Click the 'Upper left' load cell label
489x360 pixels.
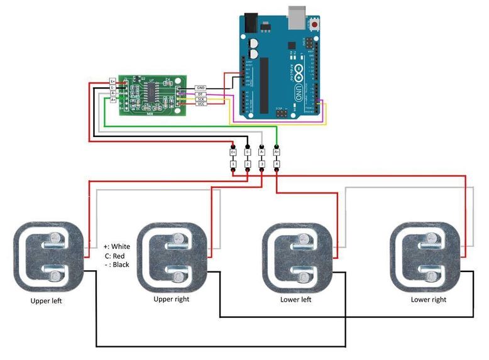tap(47, 301)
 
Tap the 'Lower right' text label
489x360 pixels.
tap(428, 300)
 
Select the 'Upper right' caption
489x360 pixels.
tap(171, 299)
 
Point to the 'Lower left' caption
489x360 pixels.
tap(295, 300)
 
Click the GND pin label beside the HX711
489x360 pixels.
tap(201, 88)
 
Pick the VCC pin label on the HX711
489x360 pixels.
tap(201, 104)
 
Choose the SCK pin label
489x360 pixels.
tap(201, 99)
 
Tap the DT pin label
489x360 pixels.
tap(201, 94)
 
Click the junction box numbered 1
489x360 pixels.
tap(233, 165)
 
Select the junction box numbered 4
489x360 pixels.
tap(277, 165)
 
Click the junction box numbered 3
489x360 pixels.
tap(262, 165)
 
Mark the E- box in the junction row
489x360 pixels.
tap(248, 151)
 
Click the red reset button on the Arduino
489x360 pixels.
tap(314, 24)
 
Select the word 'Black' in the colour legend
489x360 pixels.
tap(121, 265)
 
